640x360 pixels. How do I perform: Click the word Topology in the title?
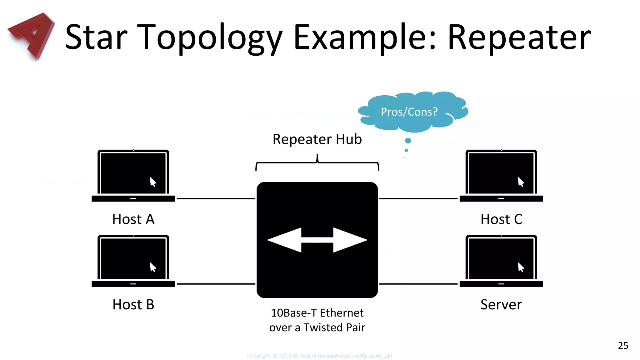coord(209,37)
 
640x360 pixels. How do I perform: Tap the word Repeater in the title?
coord(519,37)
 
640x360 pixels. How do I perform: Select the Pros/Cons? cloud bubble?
coord(409,112)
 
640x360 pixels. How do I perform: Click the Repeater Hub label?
coord(317,139)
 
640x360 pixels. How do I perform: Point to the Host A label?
coord(133,219)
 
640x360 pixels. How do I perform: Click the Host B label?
coord(133,305)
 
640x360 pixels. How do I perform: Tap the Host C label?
coord(501,219)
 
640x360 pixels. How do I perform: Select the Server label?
coord(501,305)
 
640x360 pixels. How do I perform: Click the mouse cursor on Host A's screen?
coord(152,182)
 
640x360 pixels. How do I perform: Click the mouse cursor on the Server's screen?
coord(520,267)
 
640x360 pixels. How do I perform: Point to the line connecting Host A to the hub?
coord(216,198)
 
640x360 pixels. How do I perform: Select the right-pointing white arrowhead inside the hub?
coord(350,240)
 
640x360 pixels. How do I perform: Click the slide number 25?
coord(623,346)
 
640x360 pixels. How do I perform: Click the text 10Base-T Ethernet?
coord(317,313)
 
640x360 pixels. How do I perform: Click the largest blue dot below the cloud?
coord(408,141)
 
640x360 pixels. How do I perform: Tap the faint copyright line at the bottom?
coord(319,356)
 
